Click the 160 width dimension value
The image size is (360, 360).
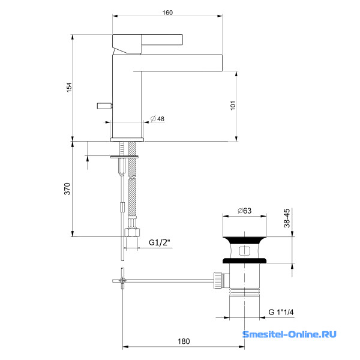click(x=167, y=13)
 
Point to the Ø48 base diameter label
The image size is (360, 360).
click(x=158, y=119)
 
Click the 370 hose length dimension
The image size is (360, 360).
click(x=67, y=188)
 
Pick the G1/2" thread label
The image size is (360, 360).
click(x=160, y=243)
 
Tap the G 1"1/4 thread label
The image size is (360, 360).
click(x=284, y=312)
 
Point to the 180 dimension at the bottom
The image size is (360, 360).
click(x=184, y=341)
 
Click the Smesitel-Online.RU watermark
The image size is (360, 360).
click(x=289, y=334)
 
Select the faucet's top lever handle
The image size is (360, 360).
click(x=147, y=40)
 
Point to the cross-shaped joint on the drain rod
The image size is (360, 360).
click(x=122, y=280)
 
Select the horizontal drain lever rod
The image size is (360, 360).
click(x=168, y=280)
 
